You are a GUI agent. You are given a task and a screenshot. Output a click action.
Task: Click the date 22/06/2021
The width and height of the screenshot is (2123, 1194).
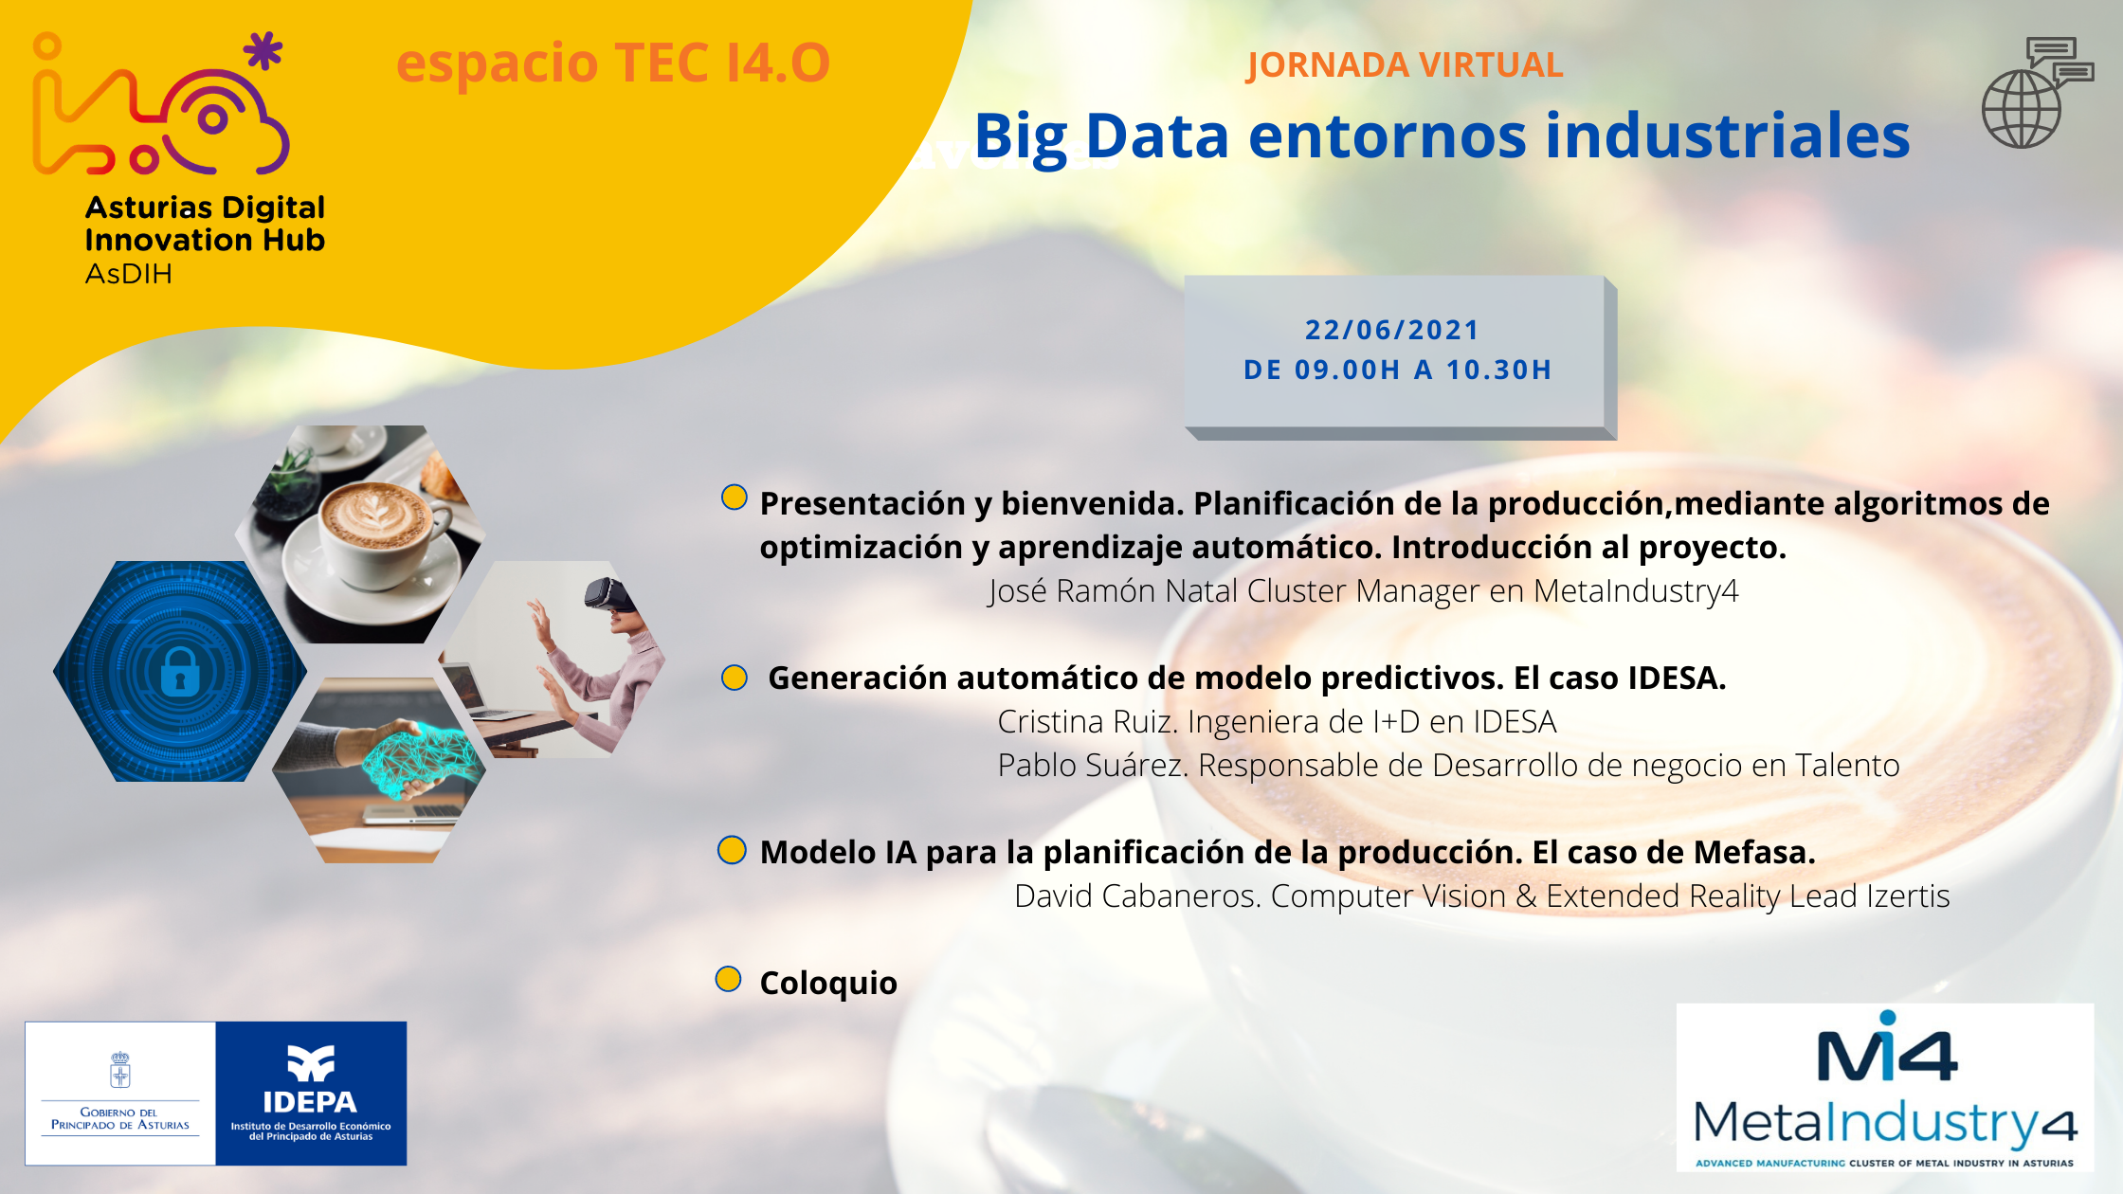[x=1391, y=330]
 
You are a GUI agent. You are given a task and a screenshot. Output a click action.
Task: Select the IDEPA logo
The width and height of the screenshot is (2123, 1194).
[x=311, y=1093]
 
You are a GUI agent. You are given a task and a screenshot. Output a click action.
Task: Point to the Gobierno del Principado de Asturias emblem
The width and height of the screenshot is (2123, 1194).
[x=120, y=1070]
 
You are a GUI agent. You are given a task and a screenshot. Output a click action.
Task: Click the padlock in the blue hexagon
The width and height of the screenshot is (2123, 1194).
[x=180, y=672]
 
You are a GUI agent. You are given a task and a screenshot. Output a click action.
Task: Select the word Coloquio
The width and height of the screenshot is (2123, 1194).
[x=828, y=984]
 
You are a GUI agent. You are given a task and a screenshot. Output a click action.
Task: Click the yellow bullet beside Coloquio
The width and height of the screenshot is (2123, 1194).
[x=728, y=979]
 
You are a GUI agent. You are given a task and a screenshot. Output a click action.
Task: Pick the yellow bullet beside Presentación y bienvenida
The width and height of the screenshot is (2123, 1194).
[x=735, y=497]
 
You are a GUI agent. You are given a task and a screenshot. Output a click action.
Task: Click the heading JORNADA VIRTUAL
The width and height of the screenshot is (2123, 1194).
[x=1405, y=64]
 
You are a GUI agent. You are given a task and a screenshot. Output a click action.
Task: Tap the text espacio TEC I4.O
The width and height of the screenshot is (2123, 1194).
[x=613, y=63]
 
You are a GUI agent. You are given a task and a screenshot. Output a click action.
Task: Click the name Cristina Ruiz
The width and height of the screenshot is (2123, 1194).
[x=1087, y=722]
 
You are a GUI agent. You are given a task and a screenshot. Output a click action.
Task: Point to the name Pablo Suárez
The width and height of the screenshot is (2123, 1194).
[x=1092, y=766]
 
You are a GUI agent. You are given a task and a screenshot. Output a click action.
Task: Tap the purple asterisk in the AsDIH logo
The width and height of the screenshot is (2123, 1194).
[x=263, y=51]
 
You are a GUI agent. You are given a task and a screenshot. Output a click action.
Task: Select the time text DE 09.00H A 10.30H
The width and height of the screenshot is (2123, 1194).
[x=1398, y=370]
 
